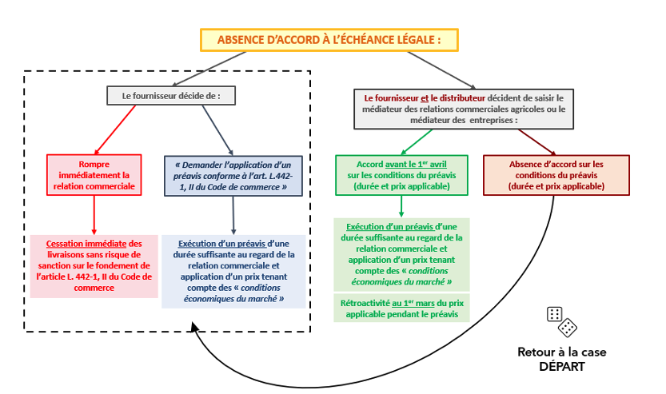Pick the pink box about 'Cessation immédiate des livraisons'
(x=94, y=265)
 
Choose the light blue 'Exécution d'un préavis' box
(x=233, y=271)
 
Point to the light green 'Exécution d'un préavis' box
(x=401, y=254)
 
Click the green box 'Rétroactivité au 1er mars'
(x=401, y=308)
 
